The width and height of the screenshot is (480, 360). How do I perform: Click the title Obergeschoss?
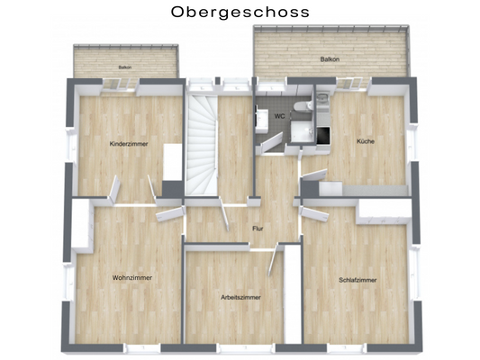pyautogui.click(x=240, y=13)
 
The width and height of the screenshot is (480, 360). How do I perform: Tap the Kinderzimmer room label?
pyautogui.click(x=128, y=144)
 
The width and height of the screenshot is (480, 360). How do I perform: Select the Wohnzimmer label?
pyautogui.click(x=132, y=277)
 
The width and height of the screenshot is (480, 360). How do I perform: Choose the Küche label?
pyautogui.click(x=365, y=141)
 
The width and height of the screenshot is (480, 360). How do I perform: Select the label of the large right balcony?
pyautogui.click(x=330, y=59)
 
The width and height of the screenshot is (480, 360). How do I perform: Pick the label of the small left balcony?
pyautogui.click(x=124, y=67)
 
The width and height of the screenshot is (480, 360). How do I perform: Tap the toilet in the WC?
pyautogui.click(x=306, y=105)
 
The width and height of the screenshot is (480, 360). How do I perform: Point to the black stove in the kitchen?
pyautogui.click(x=325, y=136)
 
